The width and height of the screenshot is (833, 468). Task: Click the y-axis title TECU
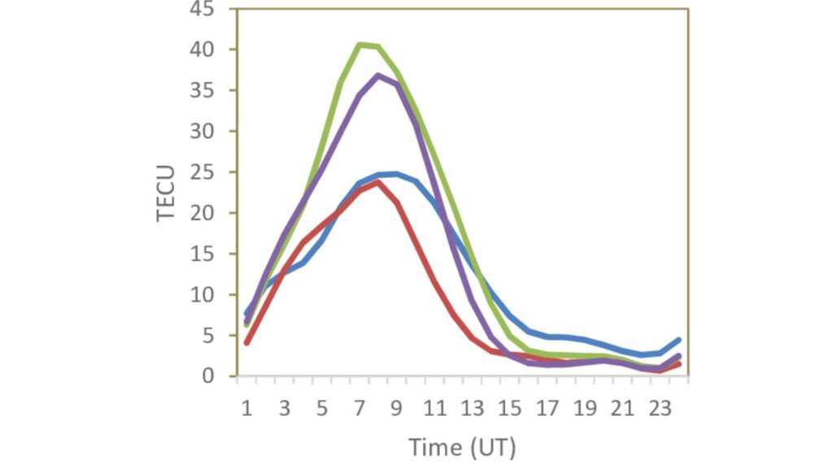[x=167, y=192]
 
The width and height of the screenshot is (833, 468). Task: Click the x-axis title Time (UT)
[x=462, y=446]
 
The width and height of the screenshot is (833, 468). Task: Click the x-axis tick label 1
[x=246, y=408]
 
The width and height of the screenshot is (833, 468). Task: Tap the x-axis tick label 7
[x=359, y=408]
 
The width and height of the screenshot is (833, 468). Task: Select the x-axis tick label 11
[x=434, y=408]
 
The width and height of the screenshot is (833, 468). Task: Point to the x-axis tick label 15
[x=509, y=408]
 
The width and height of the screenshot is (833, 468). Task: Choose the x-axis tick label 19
[x=584, y=408]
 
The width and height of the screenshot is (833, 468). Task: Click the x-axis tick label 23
[x=659, y=408]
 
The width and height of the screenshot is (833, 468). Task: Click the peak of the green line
[x=360, y=45]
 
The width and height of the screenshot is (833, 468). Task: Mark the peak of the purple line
[x=378, y=76]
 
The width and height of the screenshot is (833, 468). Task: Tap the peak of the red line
[x=378, y=182]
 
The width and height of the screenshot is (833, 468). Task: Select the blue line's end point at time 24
[x=678, y=340]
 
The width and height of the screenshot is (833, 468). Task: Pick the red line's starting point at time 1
[x=246, y=343]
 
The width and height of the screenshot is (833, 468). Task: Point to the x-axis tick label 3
[x=284, y=408]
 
